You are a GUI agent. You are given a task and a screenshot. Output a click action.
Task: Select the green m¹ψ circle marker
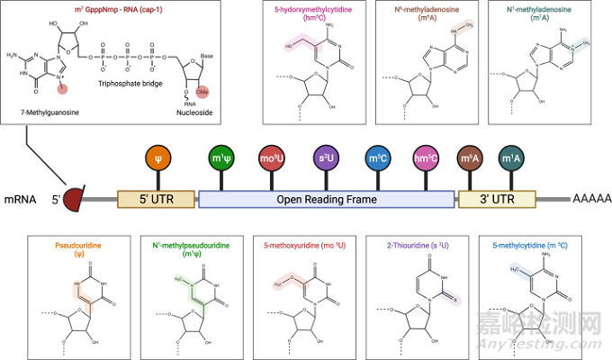tap(220, 160)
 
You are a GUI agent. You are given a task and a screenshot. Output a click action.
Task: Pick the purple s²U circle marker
tap(326, 160)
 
